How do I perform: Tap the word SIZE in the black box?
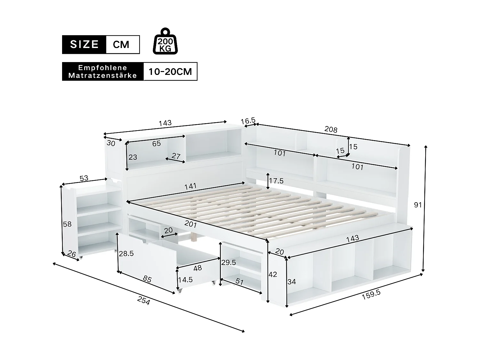coord(84,44)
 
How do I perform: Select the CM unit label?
coord(121,44)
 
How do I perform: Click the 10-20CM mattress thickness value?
coord(170,71)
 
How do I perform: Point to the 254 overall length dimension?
coord(143,300)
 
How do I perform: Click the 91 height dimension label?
coord(418,205)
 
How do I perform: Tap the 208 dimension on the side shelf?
coord(331,130)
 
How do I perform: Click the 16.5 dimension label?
coord(248,121)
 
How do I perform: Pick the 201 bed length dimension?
coord(191,224)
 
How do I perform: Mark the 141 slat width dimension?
coord(190,186)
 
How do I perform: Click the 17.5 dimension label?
coord(276,181)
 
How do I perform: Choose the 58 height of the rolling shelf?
coord(67,224)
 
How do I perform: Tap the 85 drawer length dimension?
coord(147,279)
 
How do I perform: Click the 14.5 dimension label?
coord(185,280)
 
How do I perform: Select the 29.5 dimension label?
coord(228,262)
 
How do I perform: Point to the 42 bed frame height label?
coord(273,274)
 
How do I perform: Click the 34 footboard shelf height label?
coord(292,282)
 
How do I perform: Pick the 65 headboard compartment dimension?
coord(156,144)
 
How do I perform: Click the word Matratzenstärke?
coord(102,76)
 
